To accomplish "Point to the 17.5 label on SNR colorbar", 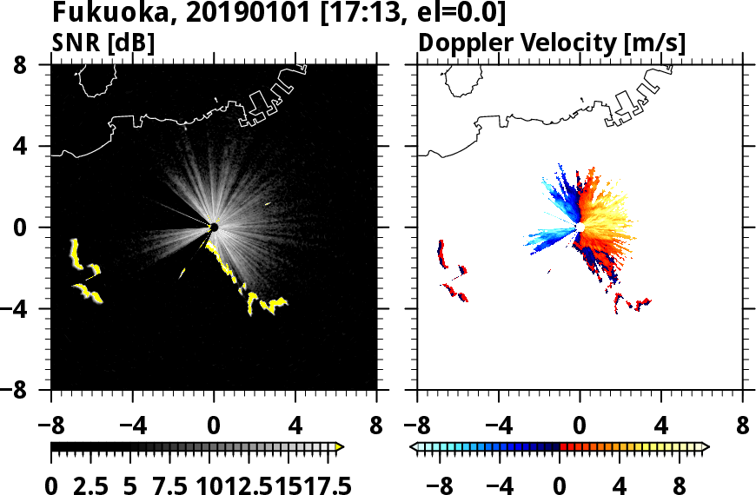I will point(324,485).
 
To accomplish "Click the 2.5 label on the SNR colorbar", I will point(90,485).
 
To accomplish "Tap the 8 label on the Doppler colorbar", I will point(678,485).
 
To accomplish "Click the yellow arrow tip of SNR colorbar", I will point(340,447).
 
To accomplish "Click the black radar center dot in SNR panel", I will point(214,228).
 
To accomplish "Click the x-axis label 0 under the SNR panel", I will point(214,426).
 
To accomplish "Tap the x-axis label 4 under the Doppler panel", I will point(661,426).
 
